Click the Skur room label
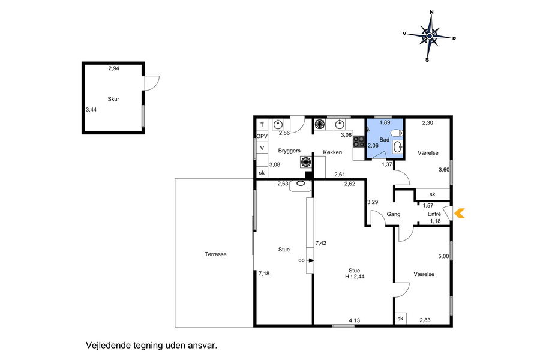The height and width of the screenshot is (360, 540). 113,99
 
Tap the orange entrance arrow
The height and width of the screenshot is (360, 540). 460,213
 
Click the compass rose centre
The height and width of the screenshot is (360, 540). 429,36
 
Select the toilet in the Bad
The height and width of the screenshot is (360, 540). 397,133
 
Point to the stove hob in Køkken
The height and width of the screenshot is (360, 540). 359,142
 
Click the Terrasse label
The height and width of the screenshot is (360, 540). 215,254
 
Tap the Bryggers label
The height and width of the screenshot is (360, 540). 289,151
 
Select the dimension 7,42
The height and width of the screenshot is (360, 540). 321,243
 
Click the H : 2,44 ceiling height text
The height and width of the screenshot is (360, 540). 355,276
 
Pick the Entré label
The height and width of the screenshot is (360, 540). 434,214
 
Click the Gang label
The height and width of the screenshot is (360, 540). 393,214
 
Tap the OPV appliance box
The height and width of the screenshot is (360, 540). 262,136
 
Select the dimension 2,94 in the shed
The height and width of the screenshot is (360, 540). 113,68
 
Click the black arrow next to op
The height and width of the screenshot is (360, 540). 311,260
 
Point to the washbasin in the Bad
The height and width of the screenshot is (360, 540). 398,147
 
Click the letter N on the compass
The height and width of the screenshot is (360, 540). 431,13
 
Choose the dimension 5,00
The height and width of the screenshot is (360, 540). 443,256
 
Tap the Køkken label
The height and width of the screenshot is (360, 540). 332,152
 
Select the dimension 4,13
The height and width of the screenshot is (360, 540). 355,320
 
